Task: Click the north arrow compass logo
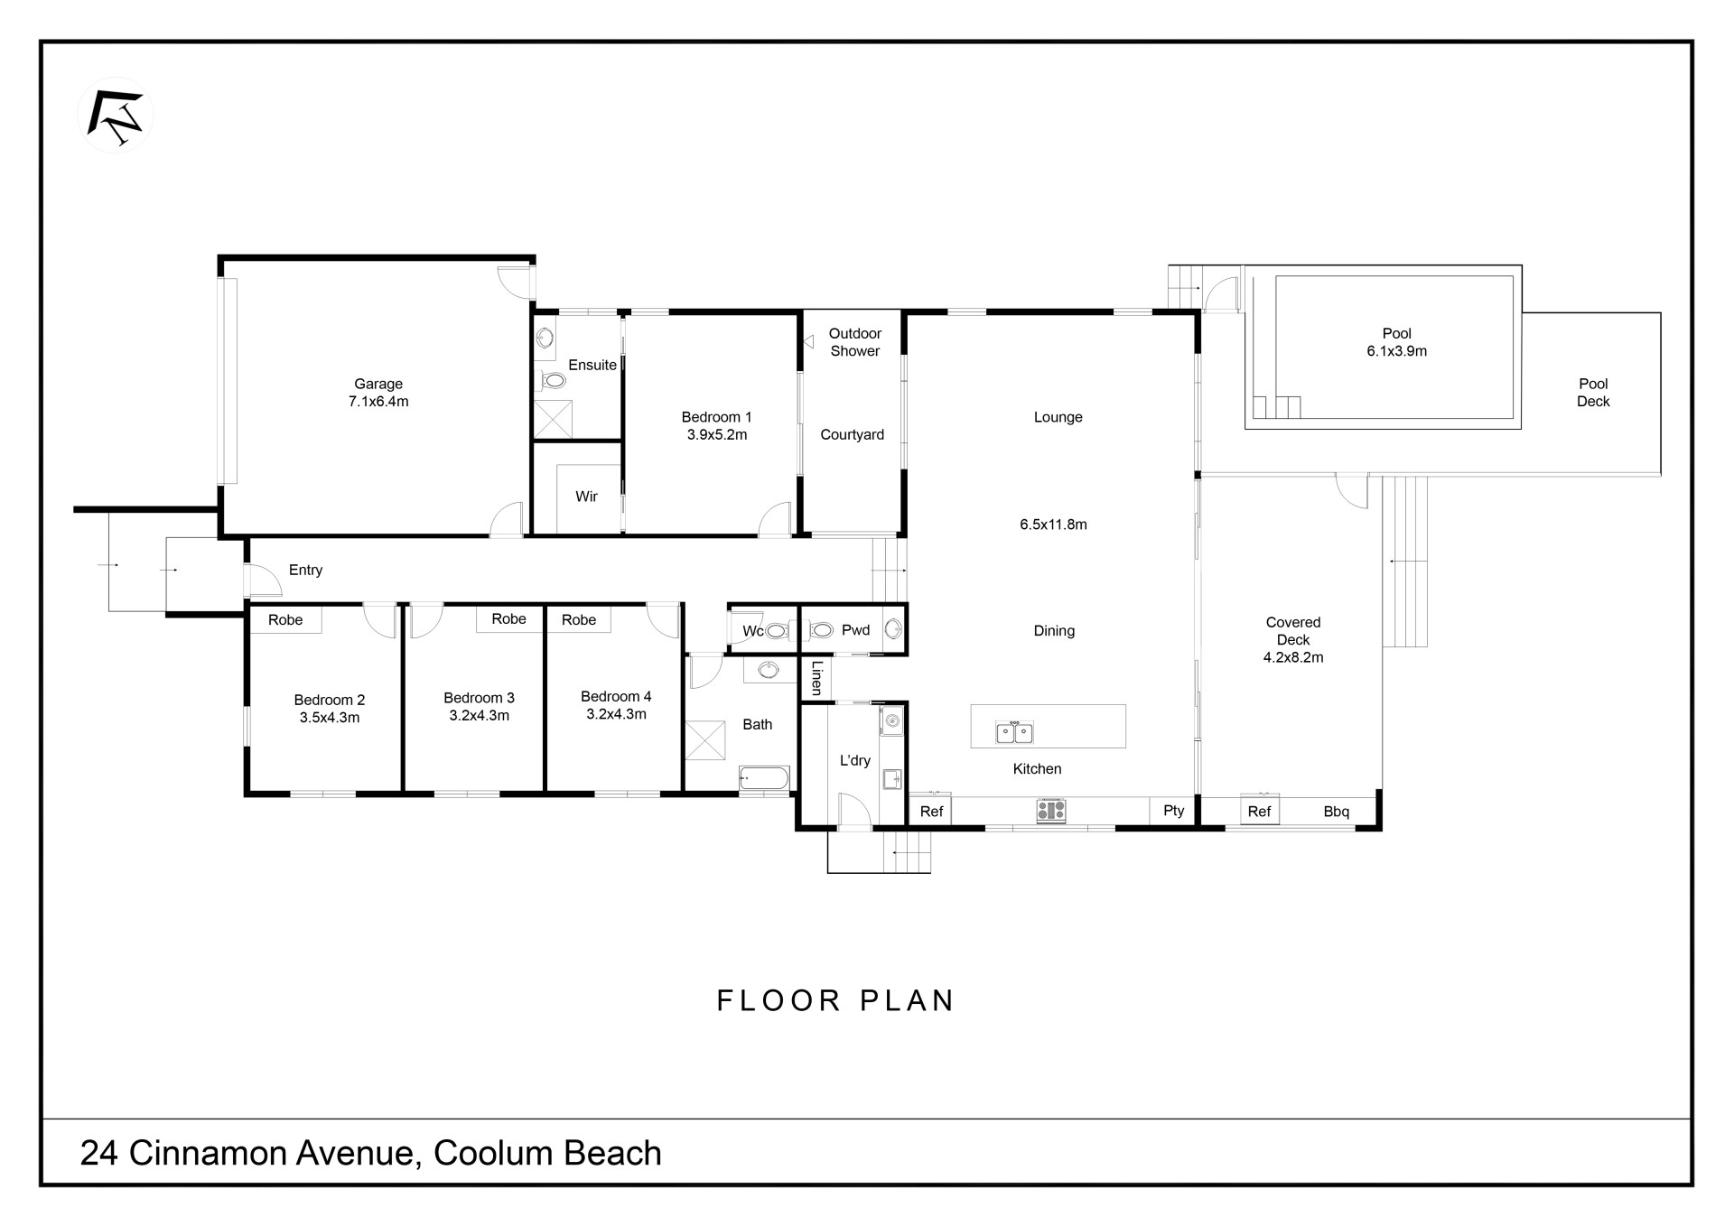click(x=116, y=116)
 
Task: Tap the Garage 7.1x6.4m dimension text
click(x=378, y=402)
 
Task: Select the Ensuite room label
click(x=592, y=365)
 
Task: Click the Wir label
click(x=587, y=497)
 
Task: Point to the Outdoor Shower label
click(x=855, y=342)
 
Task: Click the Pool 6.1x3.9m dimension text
click(x=1397, y=351)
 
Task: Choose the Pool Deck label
click(x=1593, y=393)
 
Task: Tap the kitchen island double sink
click(x=1014, y=731)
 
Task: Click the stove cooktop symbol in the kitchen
click(x=1051, y=810)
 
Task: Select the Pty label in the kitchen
click(x=1174, y=811)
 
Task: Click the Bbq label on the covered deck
click(x=1337, y=812)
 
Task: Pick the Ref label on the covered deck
click(x=1259, y=812)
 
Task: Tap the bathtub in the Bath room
click(x=764, y=778)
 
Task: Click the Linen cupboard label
click(x=816, y=677)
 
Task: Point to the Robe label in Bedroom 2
click(x=285, y=619)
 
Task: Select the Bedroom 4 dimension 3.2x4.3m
click(x=617, y=714)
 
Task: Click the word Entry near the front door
click(x=305, y=570)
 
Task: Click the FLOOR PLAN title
click(x=836, y=1000)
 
